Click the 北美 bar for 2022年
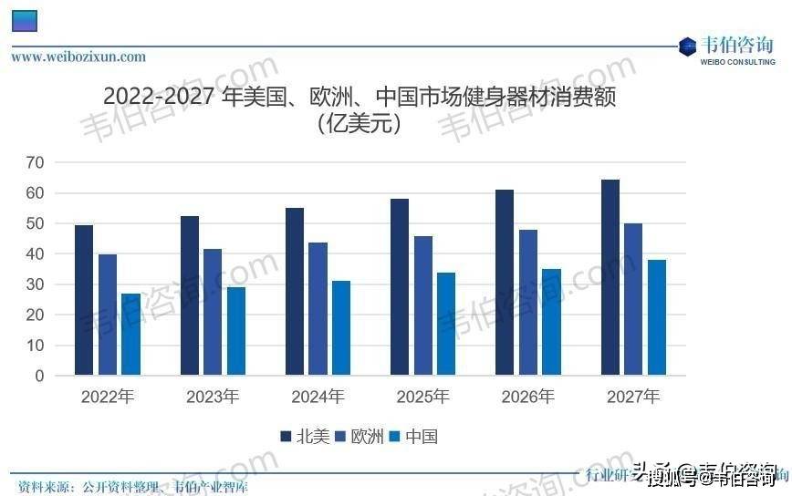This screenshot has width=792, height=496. click(x=84, y=300)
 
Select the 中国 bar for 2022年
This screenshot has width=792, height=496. click(x=130, y=335)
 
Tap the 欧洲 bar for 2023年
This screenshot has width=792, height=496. click(x=213, y=312)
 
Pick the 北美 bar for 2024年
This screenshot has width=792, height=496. click(x=295, y=292)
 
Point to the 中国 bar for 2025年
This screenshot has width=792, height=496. click(x=446, y=324)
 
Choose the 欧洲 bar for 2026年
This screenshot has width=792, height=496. click(x=528, y=303)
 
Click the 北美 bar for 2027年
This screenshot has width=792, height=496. click(x=610, y=277)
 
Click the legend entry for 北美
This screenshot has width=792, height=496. click(x=305, y=437)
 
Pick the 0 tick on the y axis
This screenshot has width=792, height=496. click(x=39, y=376)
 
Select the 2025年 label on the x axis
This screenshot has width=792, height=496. click(x=422, y=398)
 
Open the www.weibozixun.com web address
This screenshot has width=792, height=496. click(x=78, y=57)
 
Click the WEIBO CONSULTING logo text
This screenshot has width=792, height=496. click(x=738, y=62)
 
